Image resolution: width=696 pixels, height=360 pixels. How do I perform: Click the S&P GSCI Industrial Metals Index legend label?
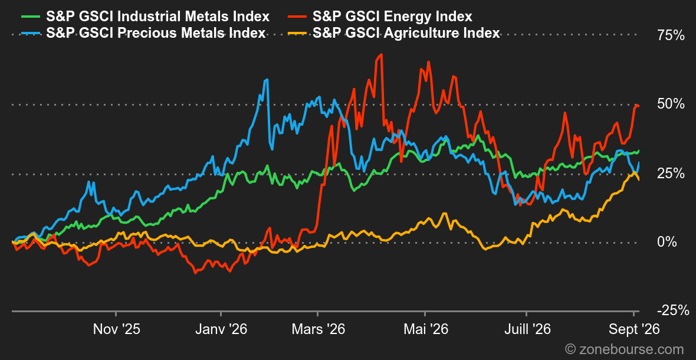[159, 17]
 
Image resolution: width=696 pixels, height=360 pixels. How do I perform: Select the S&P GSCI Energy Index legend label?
[392, 17]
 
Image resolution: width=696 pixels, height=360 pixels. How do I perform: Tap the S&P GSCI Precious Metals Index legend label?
[156, 33]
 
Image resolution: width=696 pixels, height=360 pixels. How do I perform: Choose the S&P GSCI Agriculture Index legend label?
[406, 33]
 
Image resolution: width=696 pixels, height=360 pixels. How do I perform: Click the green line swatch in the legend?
[31, 17]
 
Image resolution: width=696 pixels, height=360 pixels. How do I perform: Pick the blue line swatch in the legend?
[31, 33]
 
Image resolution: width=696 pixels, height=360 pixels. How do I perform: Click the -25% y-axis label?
[673, 310]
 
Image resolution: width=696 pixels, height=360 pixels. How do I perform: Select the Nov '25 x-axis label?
[116, 329]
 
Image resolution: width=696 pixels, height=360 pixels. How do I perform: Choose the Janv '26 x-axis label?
[221, 329]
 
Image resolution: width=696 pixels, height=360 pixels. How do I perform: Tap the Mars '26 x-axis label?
[317, 329]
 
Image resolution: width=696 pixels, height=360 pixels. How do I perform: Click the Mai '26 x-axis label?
[425, 329]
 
